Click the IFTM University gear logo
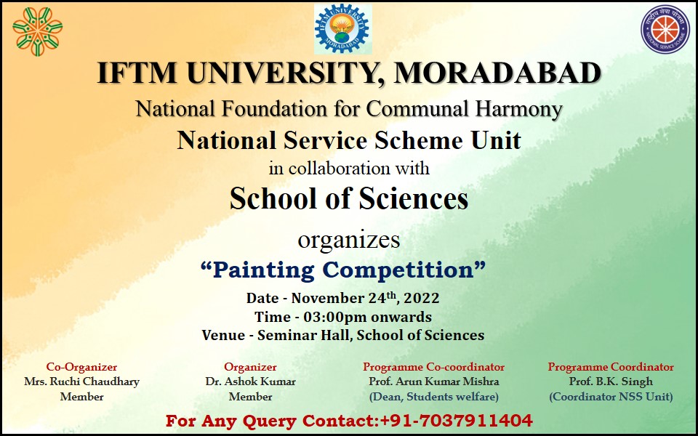[342, 29]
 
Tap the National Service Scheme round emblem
[665, 29]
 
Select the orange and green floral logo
[37, 31]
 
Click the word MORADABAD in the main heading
[497, 73]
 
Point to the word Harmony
[518, 110]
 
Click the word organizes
[348, 241]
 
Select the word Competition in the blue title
[398, 270]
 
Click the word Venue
[223, 335]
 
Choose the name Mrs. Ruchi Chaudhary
[81, 381]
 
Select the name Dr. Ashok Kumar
[250, 381]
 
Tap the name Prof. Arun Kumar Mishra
[433, 381]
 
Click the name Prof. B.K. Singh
[611, 381]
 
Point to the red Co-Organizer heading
[81, 367]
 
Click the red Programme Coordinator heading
[611, 367]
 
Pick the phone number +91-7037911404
[456, 421]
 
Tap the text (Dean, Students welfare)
[433, 397]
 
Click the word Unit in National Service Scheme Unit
[496, 140]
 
